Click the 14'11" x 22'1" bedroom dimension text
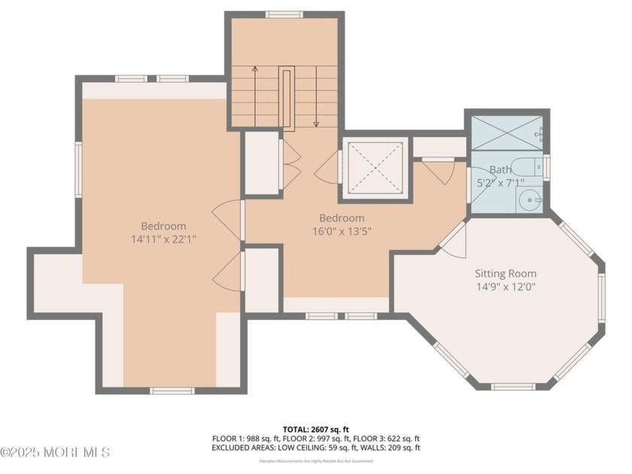point(163,239)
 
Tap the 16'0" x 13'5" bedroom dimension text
point(342,231)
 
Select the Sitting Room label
point(505,273)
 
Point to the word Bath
point(500,170)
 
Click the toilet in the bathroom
point(535,166)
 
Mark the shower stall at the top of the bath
point(506,134)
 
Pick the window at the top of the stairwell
point(284,14)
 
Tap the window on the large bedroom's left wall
point(77,170)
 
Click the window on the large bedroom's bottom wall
point(172,390)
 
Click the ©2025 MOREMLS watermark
point(56,452)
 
